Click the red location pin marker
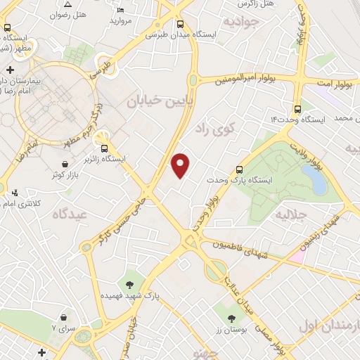[x=181, y=165]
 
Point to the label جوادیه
[x=242, y=22]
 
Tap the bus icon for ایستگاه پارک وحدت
[x=240, y=169]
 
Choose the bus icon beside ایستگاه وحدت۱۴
[x=298, y=109]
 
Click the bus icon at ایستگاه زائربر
[x=105, y=148]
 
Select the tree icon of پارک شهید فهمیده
[x=129, y=284]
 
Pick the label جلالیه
[x=291, y=212]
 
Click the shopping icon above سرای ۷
[x=64, y=317]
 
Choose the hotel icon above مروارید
[x=121, y=10]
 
